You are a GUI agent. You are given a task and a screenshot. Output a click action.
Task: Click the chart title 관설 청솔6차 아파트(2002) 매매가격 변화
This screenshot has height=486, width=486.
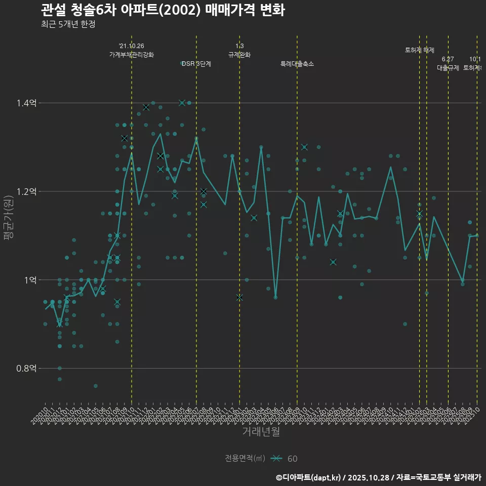[162, 10]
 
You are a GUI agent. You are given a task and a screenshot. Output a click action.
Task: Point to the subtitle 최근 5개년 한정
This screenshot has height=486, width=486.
[68, 24]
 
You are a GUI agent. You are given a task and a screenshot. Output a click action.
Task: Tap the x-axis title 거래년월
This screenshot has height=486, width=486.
[261, 432]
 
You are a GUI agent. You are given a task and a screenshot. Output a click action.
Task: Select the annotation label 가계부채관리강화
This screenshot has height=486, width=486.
[132, 55]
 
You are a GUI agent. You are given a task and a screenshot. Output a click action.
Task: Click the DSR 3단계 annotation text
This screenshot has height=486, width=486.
[196, 64]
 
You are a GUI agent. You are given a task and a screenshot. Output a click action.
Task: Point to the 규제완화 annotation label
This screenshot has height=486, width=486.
[239, 55]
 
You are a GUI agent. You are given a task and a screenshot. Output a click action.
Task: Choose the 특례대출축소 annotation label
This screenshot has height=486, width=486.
[297, 64]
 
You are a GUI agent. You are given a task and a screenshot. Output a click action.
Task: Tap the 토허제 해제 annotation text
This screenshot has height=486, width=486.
[420, 50]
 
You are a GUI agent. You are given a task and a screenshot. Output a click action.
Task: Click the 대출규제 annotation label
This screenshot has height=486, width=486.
[448, 68]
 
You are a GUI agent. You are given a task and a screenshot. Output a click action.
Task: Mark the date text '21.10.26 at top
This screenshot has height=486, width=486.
[132, 46]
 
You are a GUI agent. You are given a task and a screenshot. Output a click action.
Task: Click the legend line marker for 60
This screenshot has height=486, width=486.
[276, 459]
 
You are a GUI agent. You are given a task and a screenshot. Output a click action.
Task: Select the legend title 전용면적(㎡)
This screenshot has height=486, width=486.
[245, 459]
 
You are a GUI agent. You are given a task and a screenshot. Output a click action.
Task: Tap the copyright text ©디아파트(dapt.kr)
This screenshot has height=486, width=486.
[309, 477]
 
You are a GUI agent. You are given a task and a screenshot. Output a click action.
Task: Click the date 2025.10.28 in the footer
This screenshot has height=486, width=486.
[368, 477]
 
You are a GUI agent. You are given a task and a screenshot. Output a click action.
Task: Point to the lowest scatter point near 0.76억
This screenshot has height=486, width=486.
[96, 386]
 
